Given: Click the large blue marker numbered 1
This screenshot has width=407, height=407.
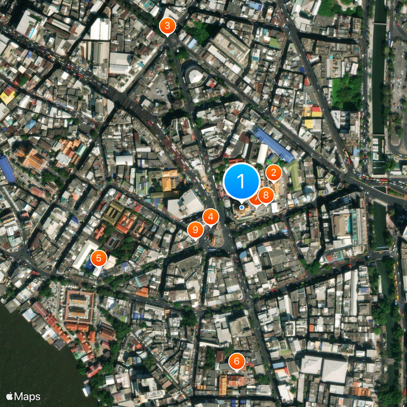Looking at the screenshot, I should pos(242,181).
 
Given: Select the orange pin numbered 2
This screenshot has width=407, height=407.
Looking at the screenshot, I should pos(274,173).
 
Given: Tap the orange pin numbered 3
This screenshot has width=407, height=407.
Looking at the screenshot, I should pos(167,25).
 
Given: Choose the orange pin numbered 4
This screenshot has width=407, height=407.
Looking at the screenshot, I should pos(211,217).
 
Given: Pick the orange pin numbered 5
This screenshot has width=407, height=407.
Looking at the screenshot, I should pos(99,258).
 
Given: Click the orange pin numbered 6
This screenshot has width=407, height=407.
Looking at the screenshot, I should pos(236,362).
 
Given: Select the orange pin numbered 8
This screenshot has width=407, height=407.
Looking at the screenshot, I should pos(266,195).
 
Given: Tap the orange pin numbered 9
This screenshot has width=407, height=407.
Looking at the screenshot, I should pos(195,229).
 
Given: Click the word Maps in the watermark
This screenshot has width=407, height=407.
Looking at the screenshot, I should pos(27,396).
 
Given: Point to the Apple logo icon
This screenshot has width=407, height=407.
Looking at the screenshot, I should pos(9,396).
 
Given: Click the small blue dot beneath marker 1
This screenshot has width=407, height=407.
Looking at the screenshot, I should pos(242,207).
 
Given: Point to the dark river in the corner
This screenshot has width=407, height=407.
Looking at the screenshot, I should pos(31,356).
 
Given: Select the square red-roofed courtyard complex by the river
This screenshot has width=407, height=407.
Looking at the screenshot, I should pos(79,306).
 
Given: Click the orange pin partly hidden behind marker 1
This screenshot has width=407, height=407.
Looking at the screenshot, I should pos(254,200).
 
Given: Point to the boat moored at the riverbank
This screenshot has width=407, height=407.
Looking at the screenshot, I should pos(88,391).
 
